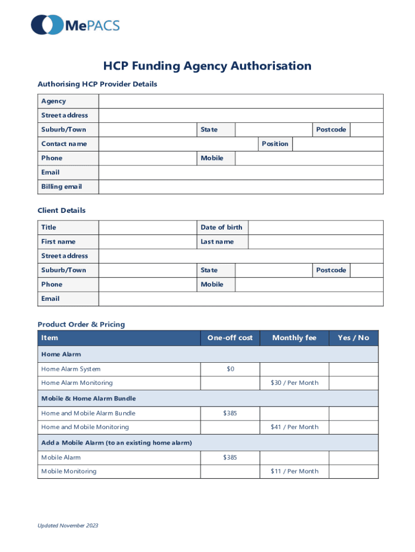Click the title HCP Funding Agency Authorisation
207,66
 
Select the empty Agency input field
241,101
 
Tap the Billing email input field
241,187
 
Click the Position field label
275,144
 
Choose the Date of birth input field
315,227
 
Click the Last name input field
315,242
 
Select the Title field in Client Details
147,227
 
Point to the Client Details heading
61,210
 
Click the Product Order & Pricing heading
81,325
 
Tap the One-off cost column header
230,338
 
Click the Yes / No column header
354,338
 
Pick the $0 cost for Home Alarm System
230,369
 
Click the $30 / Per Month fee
294,383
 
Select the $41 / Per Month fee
294,427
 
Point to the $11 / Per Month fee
294,471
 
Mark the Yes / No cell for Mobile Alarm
354,458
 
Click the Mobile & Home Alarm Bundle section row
207,398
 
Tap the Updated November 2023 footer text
67,526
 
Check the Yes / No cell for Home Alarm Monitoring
354,383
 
